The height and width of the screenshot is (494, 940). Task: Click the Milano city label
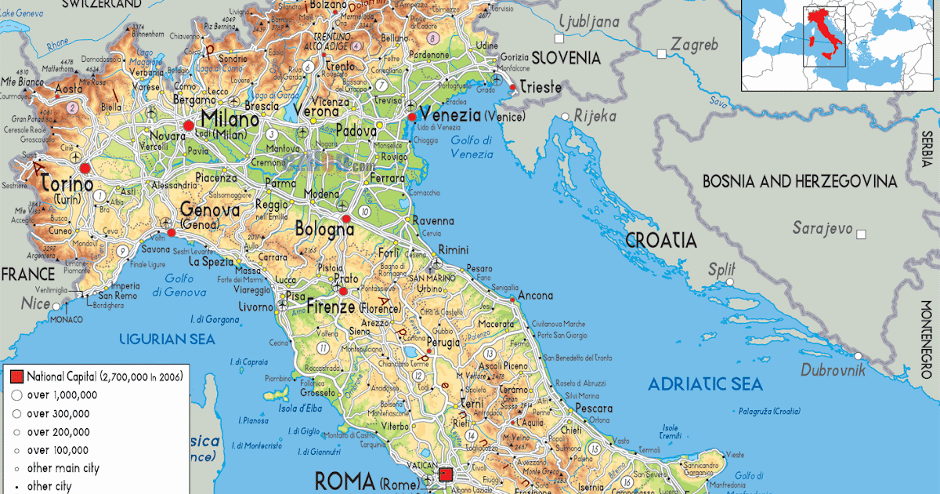(230, 119)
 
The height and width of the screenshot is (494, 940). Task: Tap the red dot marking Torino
(85, 167)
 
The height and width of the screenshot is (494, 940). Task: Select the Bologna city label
(324, 230)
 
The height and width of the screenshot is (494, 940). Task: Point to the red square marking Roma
(446, 474)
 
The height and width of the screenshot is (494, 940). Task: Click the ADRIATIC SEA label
(705, 383)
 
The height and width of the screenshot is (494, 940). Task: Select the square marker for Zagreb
(662, 53)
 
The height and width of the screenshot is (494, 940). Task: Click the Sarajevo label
(822, 228)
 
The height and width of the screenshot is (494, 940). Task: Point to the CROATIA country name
(660, 240)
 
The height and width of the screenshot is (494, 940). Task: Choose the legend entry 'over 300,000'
(59, 413)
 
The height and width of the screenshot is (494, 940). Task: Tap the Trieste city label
(541, 87)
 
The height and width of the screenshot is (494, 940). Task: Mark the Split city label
(721, 269)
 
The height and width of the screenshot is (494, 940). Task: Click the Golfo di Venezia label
(472, 147)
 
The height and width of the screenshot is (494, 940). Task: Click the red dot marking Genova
(172, 232)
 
